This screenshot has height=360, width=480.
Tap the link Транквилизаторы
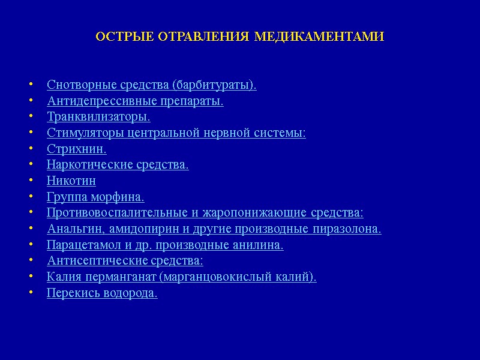pos(98,117)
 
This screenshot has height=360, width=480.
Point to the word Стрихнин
pos(76,149)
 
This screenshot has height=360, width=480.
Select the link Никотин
pos(71,181)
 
